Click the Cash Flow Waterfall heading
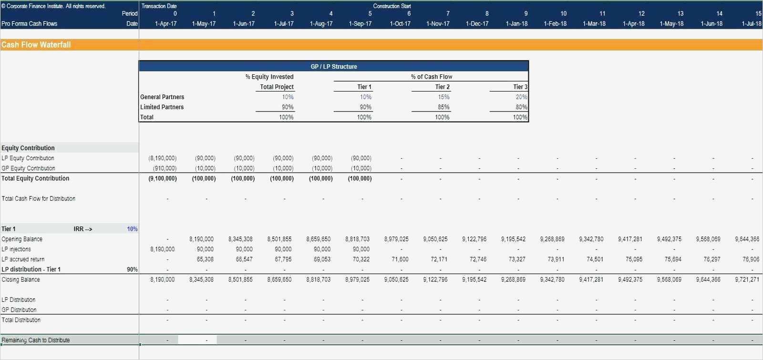coord(36,45)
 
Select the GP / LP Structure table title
coord(334,67)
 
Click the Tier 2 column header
coord(442,87)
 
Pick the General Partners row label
coord(162,97)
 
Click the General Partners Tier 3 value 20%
coord(521,97)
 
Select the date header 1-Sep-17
coord(360,24)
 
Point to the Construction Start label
coord(392,6)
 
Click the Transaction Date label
coord(159,6)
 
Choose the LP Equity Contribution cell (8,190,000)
coord(163,158)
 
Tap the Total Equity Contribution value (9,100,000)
coord(163,178)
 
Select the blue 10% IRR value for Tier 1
coord(132,229)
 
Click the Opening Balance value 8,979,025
coord(396,239)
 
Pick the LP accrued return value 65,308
coord(205,259)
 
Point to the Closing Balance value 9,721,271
coord(747,279)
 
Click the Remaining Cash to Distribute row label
coord(36,340)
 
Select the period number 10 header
coord(564,14)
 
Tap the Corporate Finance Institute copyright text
coord(53,6)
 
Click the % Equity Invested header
coord(269,77)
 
